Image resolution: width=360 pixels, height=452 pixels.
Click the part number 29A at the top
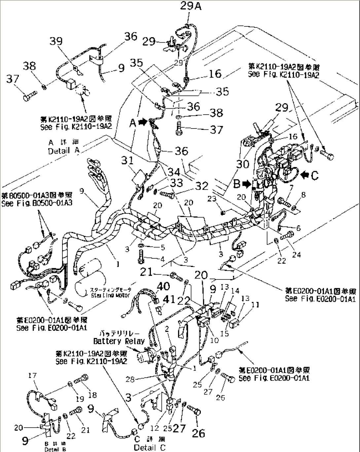191,6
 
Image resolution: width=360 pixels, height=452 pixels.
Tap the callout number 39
56,41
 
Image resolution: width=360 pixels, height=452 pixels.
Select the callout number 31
127,160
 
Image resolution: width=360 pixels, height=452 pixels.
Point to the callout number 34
174,172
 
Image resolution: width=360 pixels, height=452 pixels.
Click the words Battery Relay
119,341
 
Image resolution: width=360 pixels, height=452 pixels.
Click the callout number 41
169,300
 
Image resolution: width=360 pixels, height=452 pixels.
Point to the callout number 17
32,375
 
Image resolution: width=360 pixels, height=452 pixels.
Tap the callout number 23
212,199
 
